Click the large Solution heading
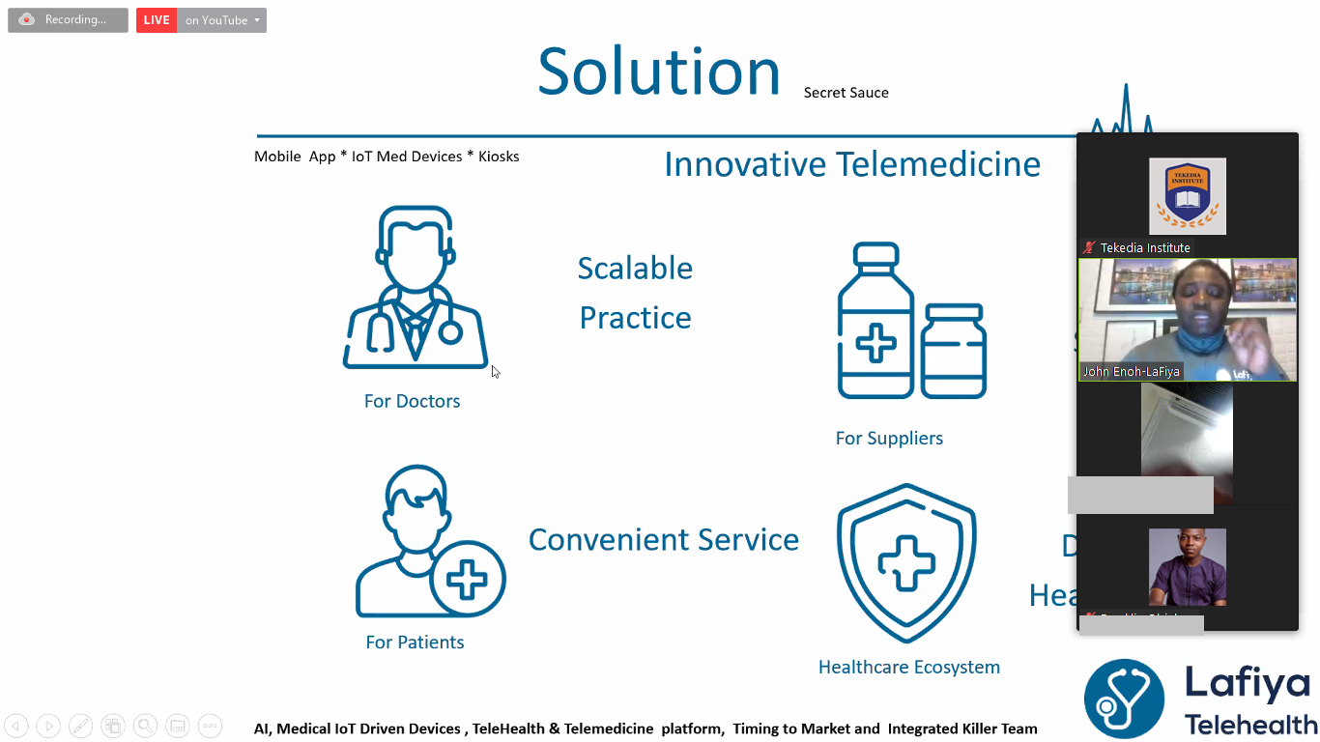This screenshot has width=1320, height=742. coord(659,72)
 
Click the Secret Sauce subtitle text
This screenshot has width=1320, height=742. coord(846,93)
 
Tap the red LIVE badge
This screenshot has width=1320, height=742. coord(157,20)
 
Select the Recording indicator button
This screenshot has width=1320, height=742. coord(68,20)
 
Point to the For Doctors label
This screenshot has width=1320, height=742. coord(412,401)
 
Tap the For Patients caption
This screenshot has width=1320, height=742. coord(415,642)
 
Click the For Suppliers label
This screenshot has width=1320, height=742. coord(889,438)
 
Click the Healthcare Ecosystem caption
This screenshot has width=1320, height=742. coord(908,667)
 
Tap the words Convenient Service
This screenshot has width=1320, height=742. coord(663,539)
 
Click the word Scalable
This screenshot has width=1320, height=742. coord(635,268)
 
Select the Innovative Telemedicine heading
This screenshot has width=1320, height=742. coord(851,164)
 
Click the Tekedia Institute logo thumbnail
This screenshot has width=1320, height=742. coord(1187,196)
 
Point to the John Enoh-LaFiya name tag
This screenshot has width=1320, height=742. coord(1131,371)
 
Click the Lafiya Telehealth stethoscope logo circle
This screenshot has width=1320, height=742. coord(1124,698)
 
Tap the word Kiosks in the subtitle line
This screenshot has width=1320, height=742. coord(499,157)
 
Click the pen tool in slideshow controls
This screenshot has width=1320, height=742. coord(81,726)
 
